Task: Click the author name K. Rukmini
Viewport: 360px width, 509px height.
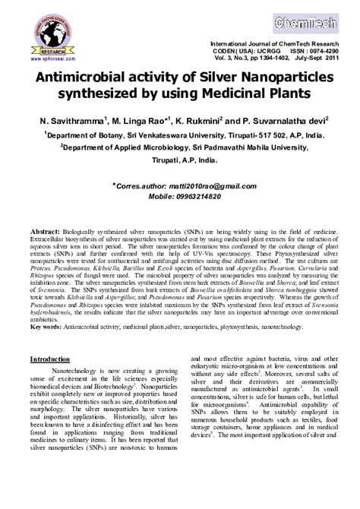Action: [x=201, y=120]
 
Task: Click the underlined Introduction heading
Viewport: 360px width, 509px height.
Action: [x=50, y=359]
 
